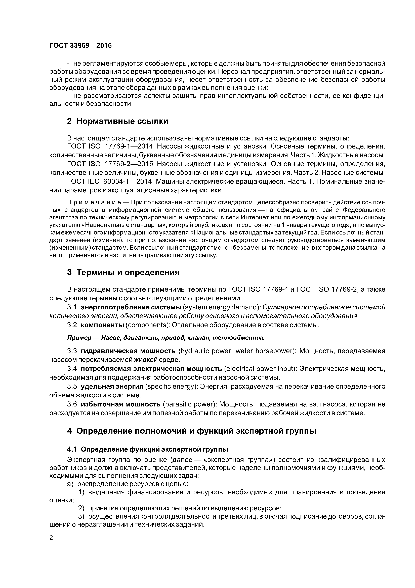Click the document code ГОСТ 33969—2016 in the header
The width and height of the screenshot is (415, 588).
pyautogui.click(x=80, y=46)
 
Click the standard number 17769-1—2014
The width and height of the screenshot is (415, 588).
pyautogui.click(x=129, y=146)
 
